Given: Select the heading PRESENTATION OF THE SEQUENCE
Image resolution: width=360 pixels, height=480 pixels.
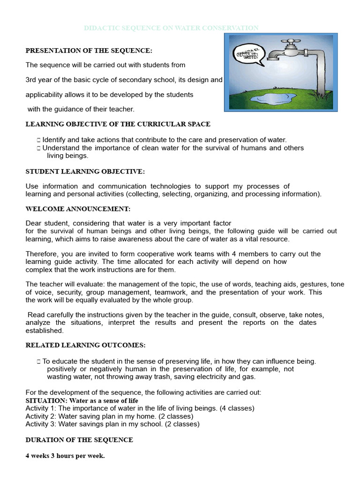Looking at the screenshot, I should pyautogui.click(x=89, y=50).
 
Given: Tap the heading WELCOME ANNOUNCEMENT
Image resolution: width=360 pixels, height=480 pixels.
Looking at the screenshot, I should pyautogui.click(x=78, y=208).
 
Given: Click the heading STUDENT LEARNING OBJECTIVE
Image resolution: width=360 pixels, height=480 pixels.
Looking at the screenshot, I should pyautogui.click(x=85, y=172).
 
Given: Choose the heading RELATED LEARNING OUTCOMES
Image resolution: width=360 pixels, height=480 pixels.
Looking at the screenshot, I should pyautogui.click(x=85, y=345).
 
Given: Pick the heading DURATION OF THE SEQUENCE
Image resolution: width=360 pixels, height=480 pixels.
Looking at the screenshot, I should pyautogui.click(x=79, y=440).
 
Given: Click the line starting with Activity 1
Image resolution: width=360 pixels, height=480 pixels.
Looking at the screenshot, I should pyautogui.click(x=140, y=408).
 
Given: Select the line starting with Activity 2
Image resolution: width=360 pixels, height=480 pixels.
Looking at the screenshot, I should pyautogui.click(x=109, y=416).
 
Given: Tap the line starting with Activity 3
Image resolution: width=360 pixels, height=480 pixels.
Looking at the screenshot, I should pyautogui.click(x=112, y=424).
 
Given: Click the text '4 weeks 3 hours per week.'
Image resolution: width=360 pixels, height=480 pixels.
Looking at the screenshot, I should pyautogui.click(x=65, y=456).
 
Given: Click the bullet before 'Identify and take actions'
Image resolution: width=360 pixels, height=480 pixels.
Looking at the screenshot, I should pyautogui.click(x=38, y=140).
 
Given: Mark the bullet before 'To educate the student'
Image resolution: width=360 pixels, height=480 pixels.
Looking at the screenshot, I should pyautogui.click(x=38, y=361).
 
